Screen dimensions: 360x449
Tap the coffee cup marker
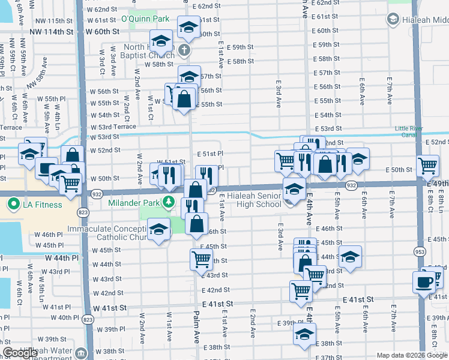click(x=424, y=281)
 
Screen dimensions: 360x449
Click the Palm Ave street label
click(x=196, y=323)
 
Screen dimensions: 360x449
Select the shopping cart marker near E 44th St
click(x=201, y=259)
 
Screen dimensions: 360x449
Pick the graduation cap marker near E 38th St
click(x=305, y=334)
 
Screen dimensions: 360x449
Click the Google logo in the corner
click(x=19, y=353)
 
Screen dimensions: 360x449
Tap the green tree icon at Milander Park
click(x=169, y=202)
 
